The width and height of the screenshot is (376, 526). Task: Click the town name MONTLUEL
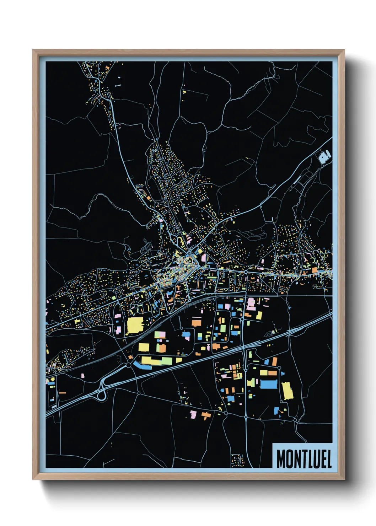click(x=304, y=459)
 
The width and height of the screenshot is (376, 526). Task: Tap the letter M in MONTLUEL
click(x=281, y=459)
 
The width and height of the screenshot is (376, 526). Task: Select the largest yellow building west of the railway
click(x=135, y=325)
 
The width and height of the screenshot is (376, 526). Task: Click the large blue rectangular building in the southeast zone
click(x=268, y=384)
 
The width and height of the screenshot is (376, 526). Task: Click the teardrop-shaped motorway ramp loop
click(x=102, y=394)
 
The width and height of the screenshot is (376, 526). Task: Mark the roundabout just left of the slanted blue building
click(x=128, y=365)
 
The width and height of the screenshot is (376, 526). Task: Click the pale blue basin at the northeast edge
click(x=325, y=156)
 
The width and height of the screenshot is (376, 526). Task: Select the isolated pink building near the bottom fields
click(x=193, y=414)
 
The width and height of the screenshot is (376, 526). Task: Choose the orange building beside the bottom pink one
click(x=206, y=415)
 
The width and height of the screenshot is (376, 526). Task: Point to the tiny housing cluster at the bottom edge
click(x=237, y=459)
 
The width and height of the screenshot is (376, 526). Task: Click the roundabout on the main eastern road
click(x=246, y=272)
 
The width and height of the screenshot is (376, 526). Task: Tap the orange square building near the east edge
click(x=315, y=270)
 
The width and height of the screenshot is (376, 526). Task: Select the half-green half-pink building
click(x=160, y=334)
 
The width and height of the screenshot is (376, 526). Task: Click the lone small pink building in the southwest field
click(x=83, y=375)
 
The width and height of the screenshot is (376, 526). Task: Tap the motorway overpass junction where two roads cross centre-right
click(x=243, y=350)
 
